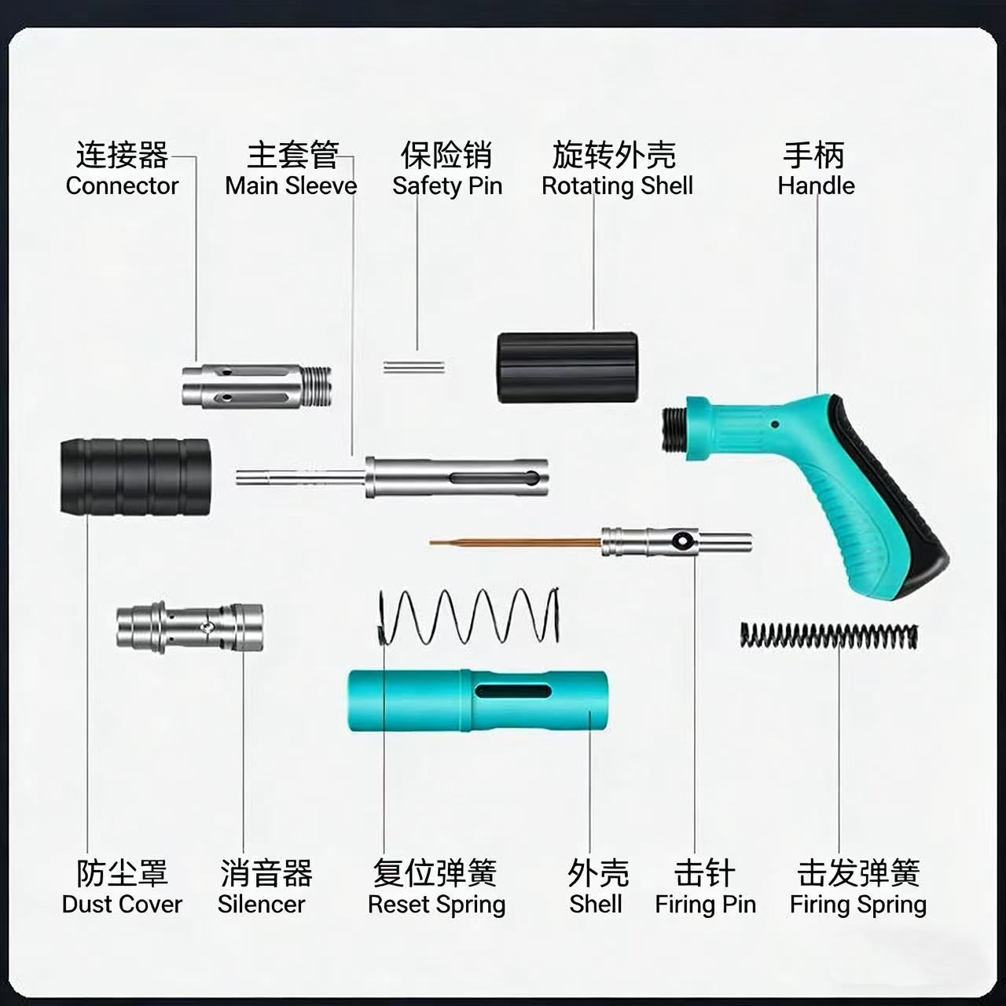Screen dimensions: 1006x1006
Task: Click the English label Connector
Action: [x=122, y=185]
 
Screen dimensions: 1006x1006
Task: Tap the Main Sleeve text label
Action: [x=291, y=185]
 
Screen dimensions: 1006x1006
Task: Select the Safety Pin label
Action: [x=447, y=186]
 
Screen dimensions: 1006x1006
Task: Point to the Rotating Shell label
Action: [x=617, y=186]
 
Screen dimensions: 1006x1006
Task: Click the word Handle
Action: [x=816, y=185]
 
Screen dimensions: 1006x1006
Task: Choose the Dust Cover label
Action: [x=122, y=904]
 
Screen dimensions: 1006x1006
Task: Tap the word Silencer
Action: [x=261, y=904]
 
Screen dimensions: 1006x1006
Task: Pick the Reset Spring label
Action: [x=436, y=905]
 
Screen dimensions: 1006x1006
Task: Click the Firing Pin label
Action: [x=705, y=905]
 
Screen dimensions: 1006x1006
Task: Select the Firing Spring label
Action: [x=857, y=905]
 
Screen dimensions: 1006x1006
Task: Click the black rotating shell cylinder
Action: [x=567, y=367]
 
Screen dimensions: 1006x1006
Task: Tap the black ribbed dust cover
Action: [x=136, y=476]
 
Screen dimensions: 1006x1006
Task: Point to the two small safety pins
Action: [x=414, y=367]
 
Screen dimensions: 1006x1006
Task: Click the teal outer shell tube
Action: [x=478, y=700]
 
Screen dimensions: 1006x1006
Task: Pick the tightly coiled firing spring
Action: [x=829, y=636]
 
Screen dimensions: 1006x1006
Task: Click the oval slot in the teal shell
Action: [x=513, y=692]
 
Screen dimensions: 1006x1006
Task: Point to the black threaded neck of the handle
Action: [x=674, y=430]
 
